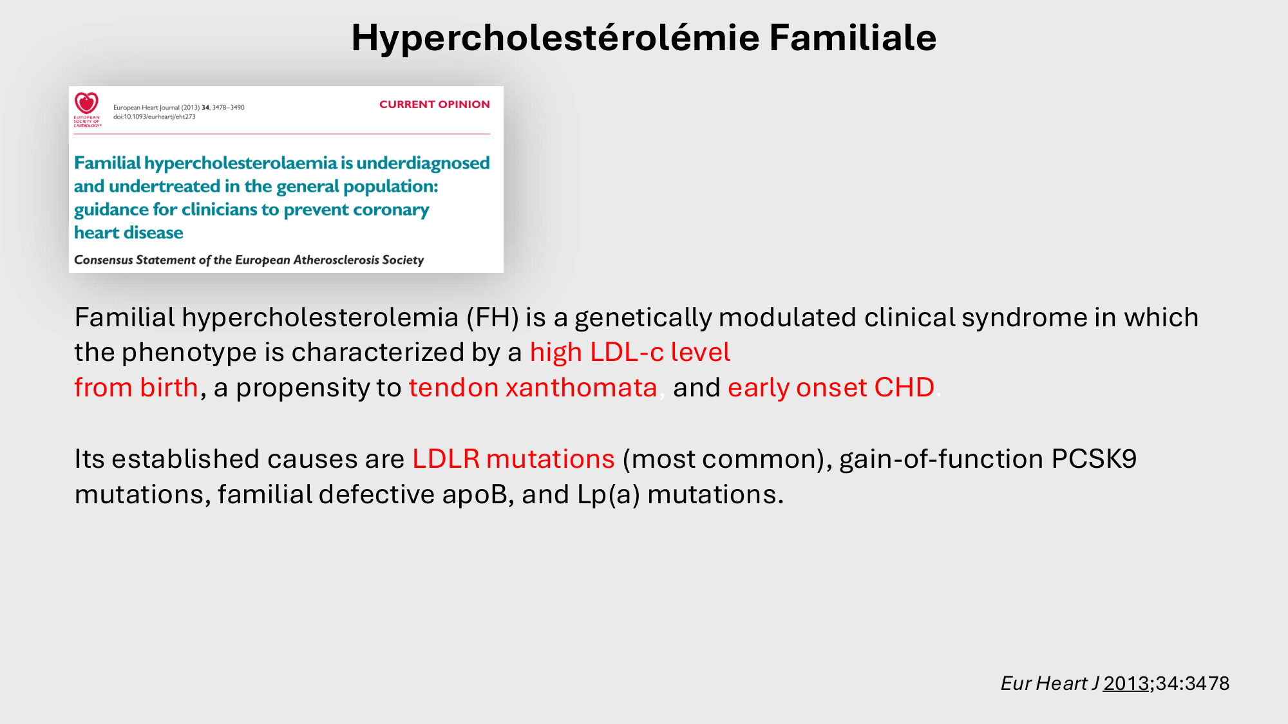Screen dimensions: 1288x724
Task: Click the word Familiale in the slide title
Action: point(853,37)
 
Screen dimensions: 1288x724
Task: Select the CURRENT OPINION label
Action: point(435,104)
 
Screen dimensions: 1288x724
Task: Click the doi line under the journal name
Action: point(155,117)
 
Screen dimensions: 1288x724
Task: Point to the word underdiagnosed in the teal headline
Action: point(423,163)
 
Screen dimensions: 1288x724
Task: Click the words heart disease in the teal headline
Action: point(129,232)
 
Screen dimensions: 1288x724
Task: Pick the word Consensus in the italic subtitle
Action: point(104,260)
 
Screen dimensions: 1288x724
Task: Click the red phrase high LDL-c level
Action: point(630,353)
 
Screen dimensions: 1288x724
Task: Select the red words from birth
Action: point(136,387)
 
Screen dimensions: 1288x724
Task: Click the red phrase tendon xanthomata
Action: point(533,387)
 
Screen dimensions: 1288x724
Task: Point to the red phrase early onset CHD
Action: point(831,387)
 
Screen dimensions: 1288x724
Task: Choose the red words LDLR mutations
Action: point(513,459)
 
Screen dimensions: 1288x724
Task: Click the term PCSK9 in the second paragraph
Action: point(1094,459)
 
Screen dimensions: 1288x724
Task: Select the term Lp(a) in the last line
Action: point(609,495)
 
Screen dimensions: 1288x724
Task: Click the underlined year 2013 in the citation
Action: point(1126,683)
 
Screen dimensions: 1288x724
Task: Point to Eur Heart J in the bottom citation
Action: point(1050,683)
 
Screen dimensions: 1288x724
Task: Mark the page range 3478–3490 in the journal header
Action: point(229,107)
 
